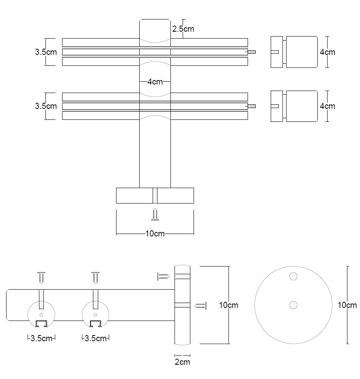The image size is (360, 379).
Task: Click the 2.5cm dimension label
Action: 183,29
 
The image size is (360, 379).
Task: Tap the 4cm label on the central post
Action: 155,82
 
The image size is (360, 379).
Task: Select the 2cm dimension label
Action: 182,362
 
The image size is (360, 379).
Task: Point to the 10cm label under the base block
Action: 155,234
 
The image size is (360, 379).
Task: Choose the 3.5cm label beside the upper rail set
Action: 46,52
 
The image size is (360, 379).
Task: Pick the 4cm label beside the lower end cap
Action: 328,106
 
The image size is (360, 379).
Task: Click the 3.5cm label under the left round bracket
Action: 41,338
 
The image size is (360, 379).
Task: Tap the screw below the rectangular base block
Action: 155,214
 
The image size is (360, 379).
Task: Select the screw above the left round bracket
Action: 41,278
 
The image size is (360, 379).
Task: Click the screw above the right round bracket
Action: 95,278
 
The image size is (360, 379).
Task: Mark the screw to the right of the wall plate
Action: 200,305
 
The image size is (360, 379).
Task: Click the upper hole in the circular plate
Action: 293,277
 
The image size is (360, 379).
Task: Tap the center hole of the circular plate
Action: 293,305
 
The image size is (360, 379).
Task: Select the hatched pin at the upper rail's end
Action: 252,52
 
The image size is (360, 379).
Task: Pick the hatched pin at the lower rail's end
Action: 252,106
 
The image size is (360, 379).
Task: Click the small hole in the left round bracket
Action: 41,314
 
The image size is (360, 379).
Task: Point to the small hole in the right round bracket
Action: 95,314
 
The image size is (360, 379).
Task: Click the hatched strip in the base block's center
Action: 155,195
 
